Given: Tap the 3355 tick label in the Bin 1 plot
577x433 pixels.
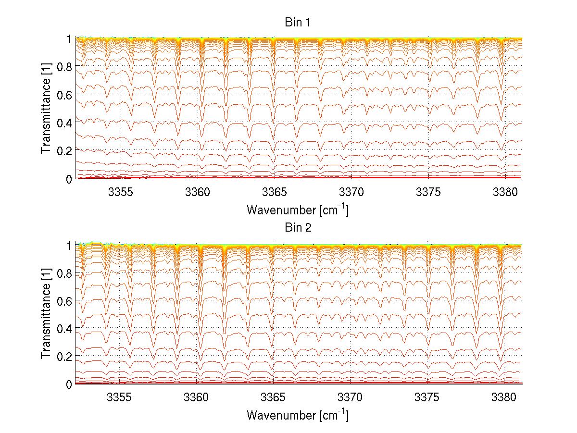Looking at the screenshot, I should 120,192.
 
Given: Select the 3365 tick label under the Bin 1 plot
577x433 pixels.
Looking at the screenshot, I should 274,192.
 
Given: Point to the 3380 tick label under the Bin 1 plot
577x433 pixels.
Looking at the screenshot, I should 504,192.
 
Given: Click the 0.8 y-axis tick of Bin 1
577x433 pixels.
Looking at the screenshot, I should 64,66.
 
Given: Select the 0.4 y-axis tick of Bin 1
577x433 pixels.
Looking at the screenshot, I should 64,123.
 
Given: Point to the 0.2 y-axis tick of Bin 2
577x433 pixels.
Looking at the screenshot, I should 64,356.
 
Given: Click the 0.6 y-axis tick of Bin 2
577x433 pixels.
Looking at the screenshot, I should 64,301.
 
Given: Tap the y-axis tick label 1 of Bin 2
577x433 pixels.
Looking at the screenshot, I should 69,245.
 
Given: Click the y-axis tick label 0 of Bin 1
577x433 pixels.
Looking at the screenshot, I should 69,179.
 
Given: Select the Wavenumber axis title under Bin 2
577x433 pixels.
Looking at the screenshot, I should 297,414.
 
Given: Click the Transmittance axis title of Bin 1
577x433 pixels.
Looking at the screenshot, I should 46,109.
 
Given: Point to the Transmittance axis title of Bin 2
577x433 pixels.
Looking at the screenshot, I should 46,314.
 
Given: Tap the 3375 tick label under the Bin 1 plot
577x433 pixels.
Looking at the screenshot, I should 427,192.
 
